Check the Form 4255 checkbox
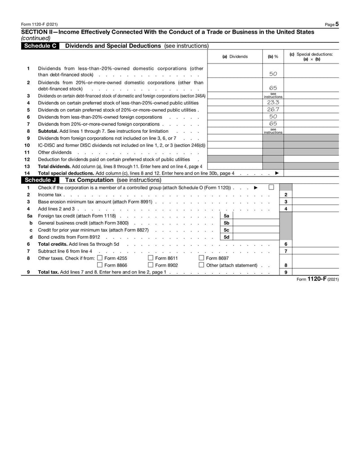pos(100,258)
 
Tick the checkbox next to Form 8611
pos(151,258)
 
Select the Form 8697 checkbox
pos(201,258)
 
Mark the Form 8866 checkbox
pos(100,265)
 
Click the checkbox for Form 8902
pos(151,265)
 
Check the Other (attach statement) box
pos(201,265)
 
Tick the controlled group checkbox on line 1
pos(271,187)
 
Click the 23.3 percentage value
pos(273,103)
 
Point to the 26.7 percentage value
pos(273,109)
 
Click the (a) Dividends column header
pos(235,57)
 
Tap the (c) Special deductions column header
pos(311,57)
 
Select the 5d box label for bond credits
pos(227,237)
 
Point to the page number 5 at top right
pos(337,24)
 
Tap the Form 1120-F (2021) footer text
pos(318,279)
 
